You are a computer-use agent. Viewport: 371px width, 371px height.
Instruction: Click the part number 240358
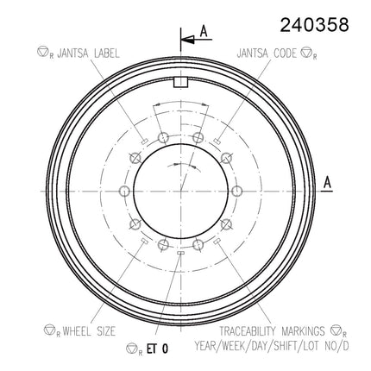(x=314, y=25)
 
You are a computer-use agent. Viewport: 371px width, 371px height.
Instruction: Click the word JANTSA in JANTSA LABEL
(x=72, y=53)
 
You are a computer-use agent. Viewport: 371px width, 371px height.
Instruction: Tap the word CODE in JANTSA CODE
(x=285, y=53)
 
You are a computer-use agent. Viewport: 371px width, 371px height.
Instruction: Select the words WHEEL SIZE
(x=89, y=331)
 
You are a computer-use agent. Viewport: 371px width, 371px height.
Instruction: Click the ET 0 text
(x=157, y=349)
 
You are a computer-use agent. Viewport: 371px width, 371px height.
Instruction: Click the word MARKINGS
(x=303, y=331)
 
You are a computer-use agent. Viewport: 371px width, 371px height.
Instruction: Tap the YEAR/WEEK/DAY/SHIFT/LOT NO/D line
(x=272, y=346)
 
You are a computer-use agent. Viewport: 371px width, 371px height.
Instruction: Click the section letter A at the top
(x=204, y=31)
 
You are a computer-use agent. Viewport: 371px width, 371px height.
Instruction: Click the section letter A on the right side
(x=328, y=182)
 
